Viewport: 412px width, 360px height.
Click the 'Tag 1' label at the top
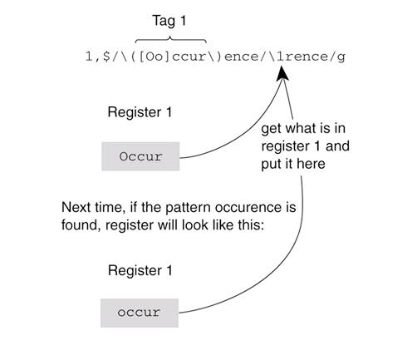169,21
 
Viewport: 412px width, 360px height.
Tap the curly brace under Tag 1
171,40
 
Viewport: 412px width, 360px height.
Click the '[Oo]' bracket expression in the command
154,57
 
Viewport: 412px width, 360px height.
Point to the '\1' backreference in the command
276,57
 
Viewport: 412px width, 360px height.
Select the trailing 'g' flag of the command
341,57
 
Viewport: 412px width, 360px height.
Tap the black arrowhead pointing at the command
282,73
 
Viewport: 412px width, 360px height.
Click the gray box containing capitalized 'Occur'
140,156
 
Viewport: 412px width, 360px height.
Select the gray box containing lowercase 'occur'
140,313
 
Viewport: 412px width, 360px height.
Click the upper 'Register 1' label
140,112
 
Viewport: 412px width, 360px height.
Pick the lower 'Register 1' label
140,270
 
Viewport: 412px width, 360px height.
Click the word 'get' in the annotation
272,129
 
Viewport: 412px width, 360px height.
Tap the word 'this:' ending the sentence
251,224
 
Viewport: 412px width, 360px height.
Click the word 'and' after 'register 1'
337,146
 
